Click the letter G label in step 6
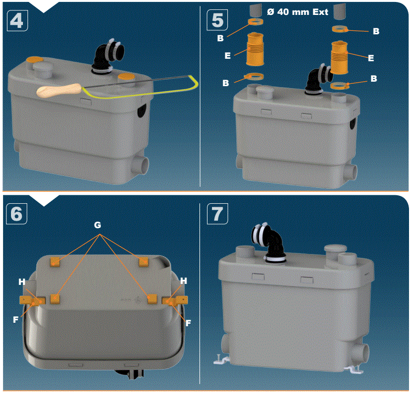[x=98, y=225]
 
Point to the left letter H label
[x=22, y=282]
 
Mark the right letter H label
[x=183, y=281]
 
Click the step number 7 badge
[x=217, y=213]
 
